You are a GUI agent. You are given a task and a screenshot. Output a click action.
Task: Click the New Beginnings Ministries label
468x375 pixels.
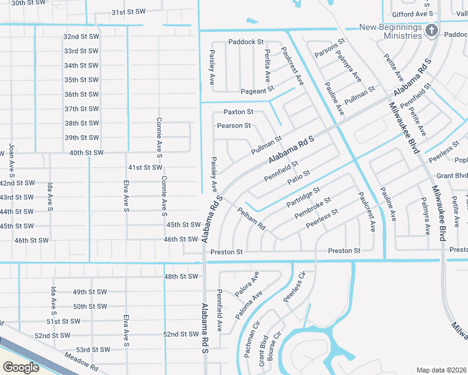tap(390, 31)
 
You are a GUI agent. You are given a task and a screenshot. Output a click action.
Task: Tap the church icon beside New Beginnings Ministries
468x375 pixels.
tap(431, 31)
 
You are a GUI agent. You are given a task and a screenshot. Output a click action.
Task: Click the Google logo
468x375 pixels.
tap(21, 367)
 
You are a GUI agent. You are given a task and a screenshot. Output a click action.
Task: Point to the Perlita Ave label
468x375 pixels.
tap(267, 66)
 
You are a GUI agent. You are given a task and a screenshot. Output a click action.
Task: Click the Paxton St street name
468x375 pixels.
tap(238, 112)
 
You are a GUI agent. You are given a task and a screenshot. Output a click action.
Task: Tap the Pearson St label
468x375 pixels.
tap(233, 126)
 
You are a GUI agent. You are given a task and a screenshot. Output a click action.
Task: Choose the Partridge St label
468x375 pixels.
tap(303, 197)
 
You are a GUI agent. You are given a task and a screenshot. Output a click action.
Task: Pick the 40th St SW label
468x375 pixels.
tap(86, 152)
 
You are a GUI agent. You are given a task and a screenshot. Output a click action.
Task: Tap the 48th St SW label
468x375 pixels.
tap(180, 276)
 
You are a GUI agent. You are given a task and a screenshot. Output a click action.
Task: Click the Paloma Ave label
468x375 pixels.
tap(249, 304)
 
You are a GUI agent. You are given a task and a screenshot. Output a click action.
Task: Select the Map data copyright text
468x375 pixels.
tap(441, 370)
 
